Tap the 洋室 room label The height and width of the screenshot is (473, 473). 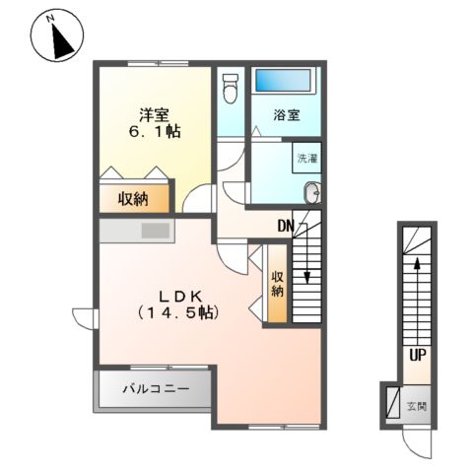152,111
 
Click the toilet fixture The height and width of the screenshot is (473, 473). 231,88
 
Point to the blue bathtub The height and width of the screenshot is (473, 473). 282,82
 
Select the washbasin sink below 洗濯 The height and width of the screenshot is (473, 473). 311,192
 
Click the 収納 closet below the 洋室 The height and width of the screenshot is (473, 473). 134,199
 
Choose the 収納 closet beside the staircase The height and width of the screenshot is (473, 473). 278,282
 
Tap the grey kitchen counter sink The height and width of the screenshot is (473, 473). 155,231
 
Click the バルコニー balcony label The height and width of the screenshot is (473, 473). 156,388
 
